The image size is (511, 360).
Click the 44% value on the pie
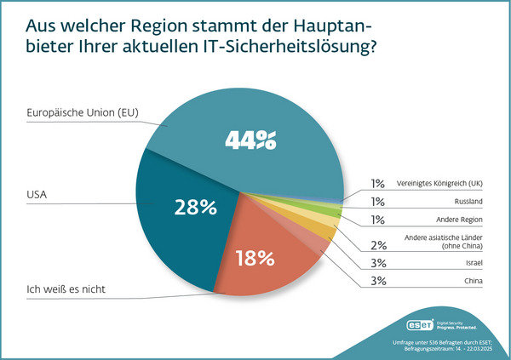pyautogui.click(x=250, y=138)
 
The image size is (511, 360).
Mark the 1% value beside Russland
pyautogui.click(x=377, y=202)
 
